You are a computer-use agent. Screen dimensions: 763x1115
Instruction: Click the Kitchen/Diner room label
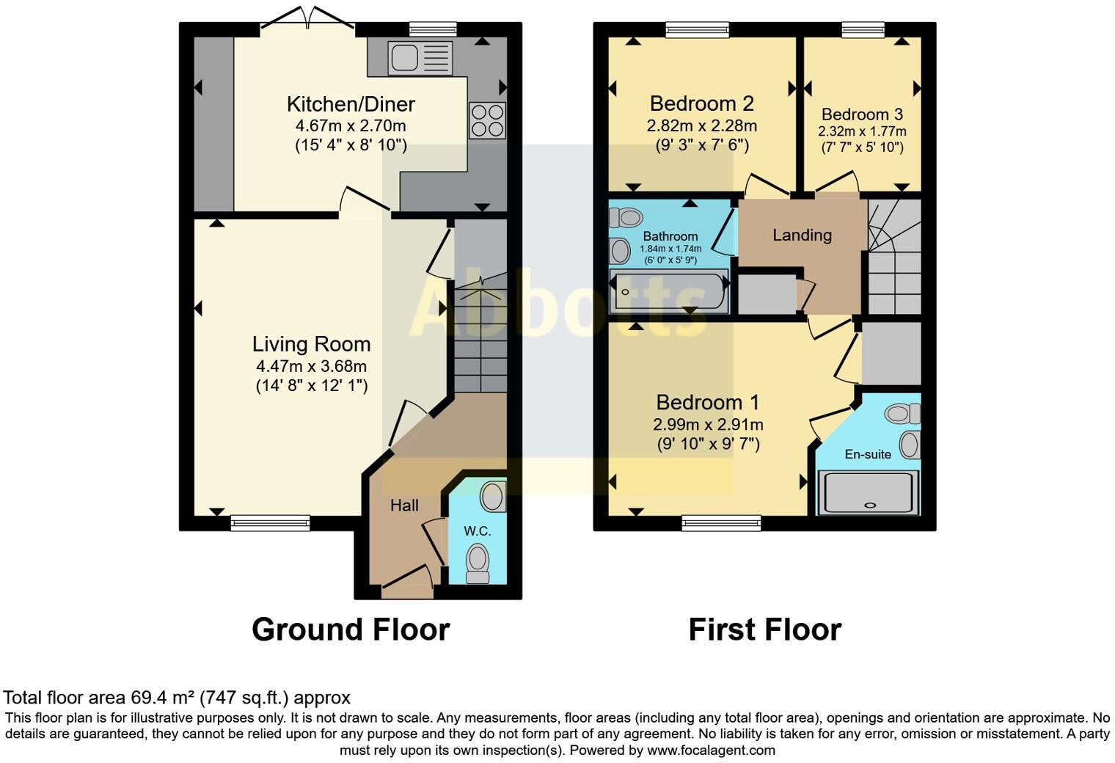351,104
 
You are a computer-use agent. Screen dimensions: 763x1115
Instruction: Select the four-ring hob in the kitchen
487,120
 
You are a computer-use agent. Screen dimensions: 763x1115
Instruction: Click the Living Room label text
311,344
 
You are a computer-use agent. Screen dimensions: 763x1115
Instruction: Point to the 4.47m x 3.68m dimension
311,366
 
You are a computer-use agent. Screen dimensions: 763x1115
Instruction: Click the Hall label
404,505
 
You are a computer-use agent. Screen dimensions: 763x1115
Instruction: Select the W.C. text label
477,531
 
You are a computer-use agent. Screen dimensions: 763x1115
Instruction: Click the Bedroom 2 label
701,103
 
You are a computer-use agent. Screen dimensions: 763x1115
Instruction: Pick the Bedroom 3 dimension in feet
862,147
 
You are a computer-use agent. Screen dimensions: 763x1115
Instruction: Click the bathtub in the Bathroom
669,291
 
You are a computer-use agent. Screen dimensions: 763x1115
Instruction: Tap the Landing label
802,236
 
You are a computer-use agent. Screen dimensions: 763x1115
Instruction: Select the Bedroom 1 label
707,403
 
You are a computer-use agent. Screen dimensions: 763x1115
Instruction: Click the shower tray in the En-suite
869,492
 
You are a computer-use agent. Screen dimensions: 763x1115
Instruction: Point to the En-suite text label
868,455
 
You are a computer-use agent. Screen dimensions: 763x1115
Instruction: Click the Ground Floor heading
351,630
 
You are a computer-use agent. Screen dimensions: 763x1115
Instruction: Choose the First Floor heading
764,630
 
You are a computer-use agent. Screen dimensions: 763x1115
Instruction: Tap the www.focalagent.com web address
710,751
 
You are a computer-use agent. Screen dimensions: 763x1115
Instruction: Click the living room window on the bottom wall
270,523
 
